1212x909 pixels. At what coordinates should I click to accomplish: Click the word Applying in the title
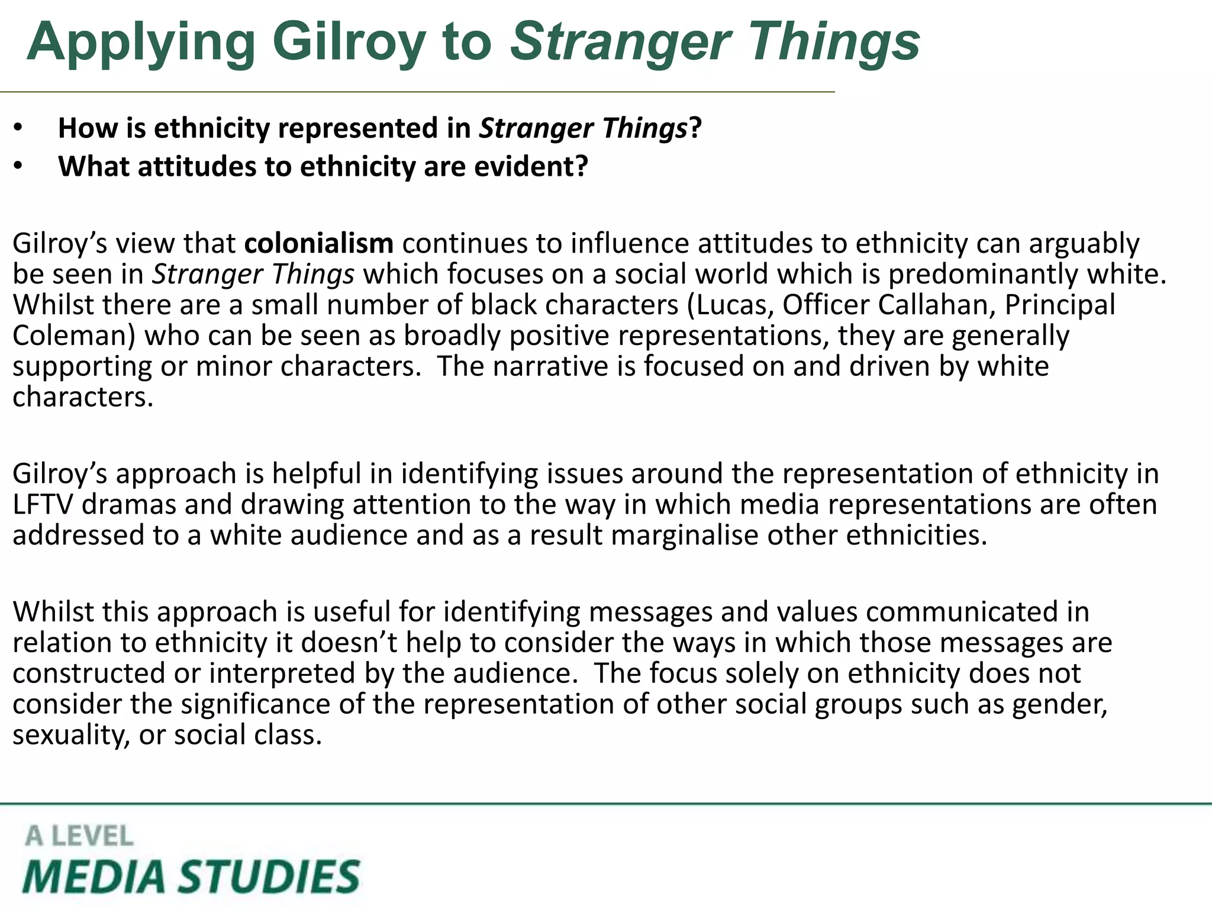click(x=141, y=43)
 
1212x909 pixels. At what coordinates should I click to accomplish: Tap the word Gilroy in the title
click(x=349, y=43)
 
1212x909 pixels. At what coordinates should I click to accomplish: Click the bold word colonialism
click(x=318, y=243)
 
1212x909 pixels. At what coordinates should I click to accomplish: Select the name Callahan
click(x=935, y=305)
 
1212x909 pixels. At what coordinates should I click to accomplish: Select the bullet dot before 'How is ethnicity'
click(x=18, y=128)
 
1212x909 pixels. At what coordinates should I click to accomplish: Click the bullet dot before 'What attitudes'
click(x=18, y=167)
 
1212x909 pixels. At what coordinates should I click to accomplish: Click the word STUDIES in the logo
click(x=269, y=876)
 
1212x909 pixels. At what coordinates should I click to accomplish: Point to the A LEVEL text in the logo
click(x=79, y=836)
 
